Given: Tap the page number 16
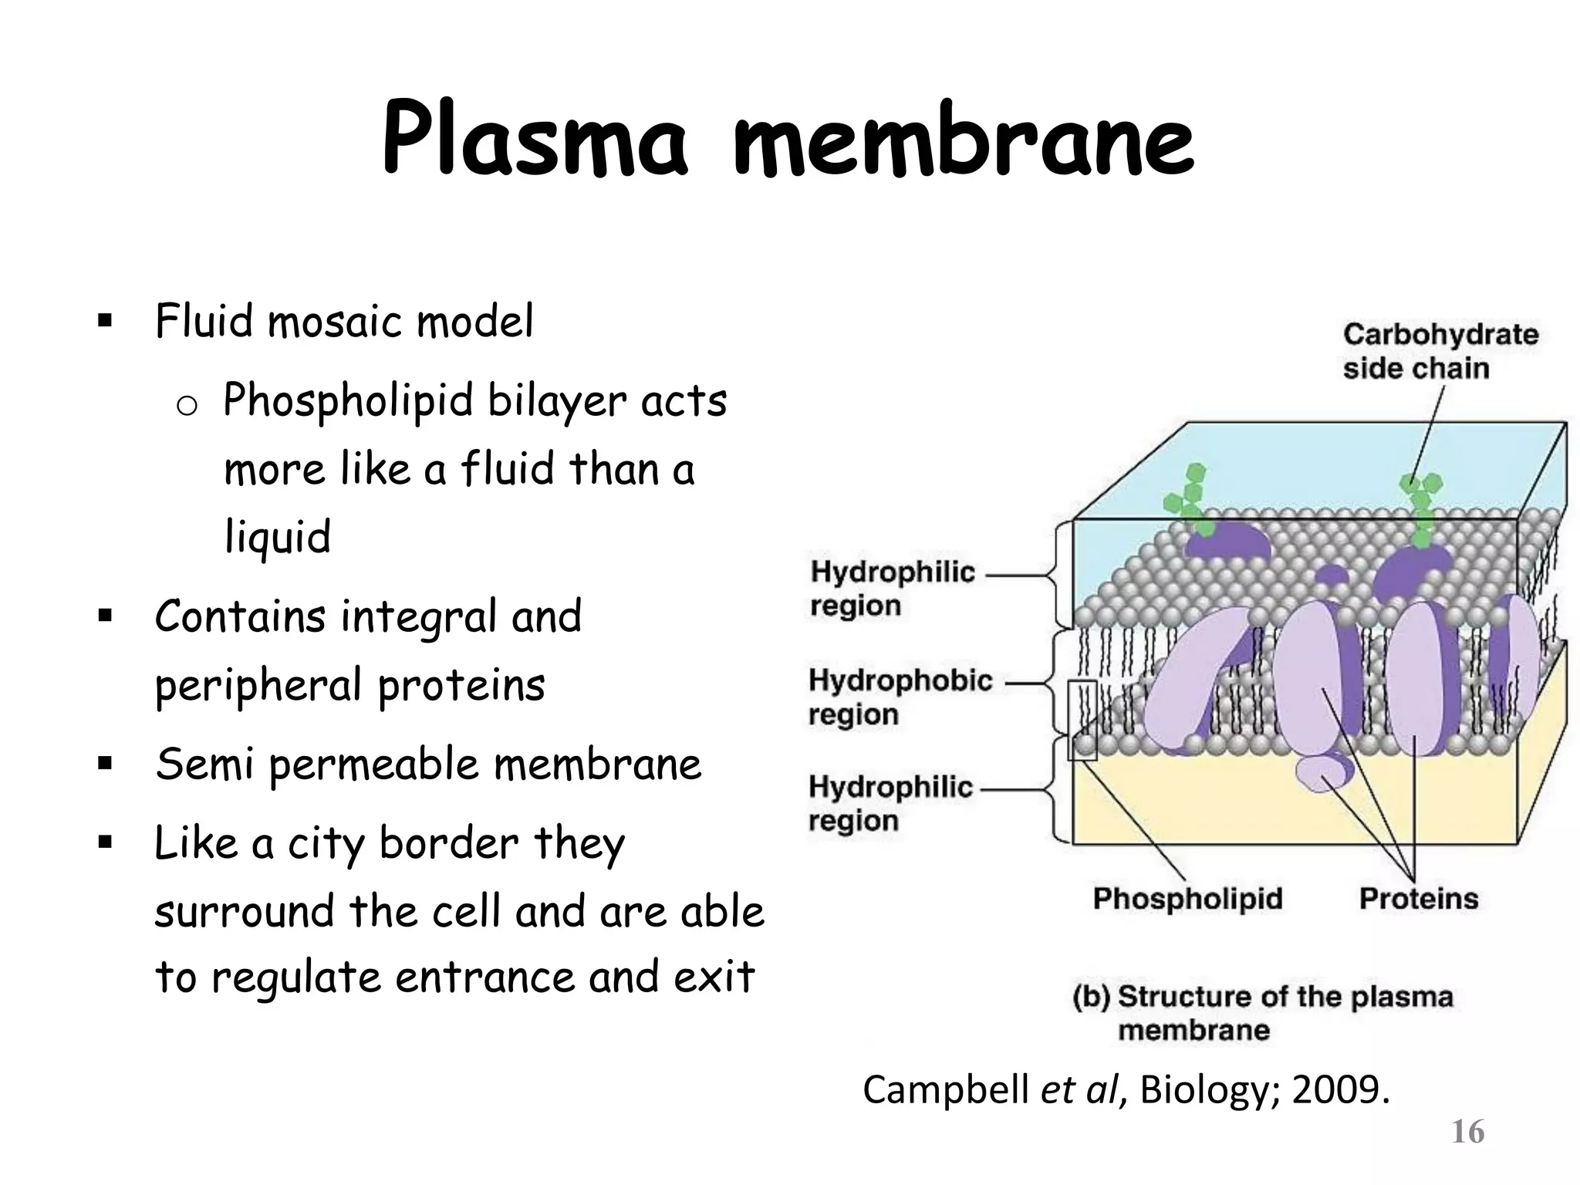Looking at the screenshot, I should (1467, 1133).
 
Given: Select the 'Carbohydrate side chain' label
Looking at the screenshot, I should (1440, 351).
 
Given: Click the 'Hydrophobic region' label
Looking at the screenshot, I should (900, 697).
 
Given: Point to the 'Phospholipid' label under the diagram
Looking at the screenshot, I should (1187, 899).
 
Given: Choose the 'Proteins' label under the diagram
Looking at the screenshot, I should (1418, 899).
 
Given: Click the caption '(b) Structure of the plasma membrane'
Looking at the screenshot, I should (1262, 1012).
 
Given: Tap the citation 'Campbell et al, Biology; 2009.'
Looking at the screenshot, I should (1126, 1090).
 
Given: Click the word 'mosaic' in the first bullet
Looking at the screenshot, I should (335, 322).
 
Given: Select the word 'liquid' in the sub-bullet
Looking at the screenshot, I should (277, 537).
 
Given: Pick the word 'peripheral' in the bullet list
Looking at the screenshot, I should (258, 685).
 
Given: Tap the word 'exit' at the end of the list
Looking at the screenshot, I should (714, 977).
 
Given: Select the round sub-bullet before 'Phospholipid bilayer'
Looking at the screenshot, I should (187, 407).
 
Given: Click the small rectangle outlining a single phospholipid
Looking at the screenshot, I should (1082, 720).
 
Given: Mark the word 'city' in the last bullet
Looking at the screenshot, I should (325, 844).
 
